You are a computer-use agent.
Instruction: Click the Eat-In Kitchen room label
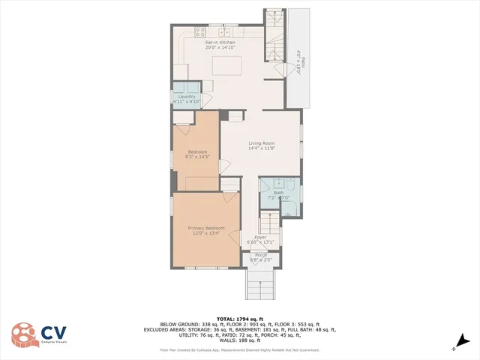click(220, 44)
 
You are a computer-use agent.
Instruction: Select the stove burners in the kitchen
click(200, 31)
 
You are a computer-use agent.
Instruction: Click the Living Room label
click(262, 145)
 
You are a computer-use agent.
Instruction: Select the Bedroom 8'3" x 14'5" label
click(197, 154)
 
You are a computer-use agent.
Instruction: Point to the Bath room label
click(278, 195)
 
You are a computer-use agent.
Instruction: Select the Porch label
click(261, 257)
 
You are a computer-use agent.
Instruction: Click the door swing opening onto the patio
click(280, 69)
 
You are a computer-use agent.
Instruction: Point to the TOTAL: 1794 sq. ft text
click(239, 319)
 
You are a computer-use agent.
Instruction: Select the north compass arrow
click(454, 346)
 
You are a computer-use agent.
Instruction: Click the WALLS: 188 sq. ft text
click(239, 340)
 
